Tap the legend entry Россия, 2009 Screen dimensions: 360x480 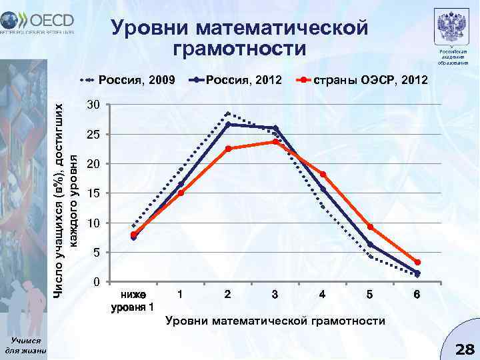[x=127, y=81]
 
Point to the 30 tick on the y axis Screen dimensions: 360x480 [x=93, y=106]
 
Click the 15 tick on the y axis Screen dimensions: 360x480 [x=93, y=193]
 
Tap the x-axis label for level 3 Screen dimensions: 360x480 [x=275, y=294]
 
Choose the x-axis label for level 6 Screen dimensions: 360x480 [x=417, y=294]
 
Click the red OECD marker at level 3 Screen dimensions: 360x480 [x=275, y=142]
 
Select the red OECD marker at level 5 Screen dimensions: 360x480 [x=370, y=227]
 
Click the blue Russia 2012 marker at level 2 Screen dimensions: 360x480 [x=228, y=125]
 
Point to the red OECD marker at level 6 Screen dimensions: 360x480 [x=417, y=263]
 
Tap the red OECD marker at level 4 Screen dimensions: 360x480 [x=323, y=175]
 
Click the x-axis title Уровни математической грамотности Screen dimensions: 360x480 [x=275, y=321]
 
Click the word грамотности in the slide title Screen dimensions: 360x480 [x=240, y=49]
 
